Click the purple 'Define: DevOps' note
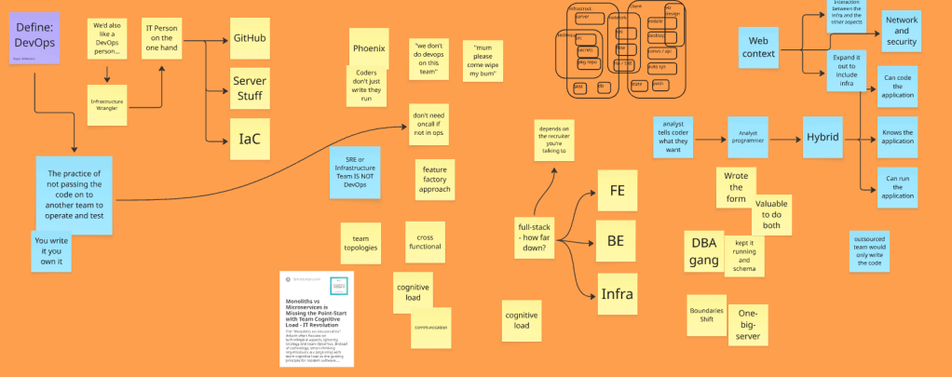(x=35, y=37)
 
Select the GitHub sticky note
(x=249, y=39)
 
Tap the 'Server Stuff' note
(x=249, y=88)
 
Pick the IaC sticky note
(x=249, y=139)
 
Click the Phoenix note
(x=369, y=48)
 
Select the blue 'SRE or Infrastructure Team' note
(x=355, y=170)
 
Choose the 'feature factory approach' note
(x=435, y=181)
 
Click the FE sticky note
(x=616, y=190)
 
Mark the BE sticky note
(x=616, y=240)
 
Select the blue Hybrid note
(x=823, y=137)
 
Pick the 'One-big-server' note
(x=748, y=325)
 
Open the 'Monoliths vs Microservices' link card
(x=318, y=317)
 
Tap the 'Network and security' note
(x=901, y=32)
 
